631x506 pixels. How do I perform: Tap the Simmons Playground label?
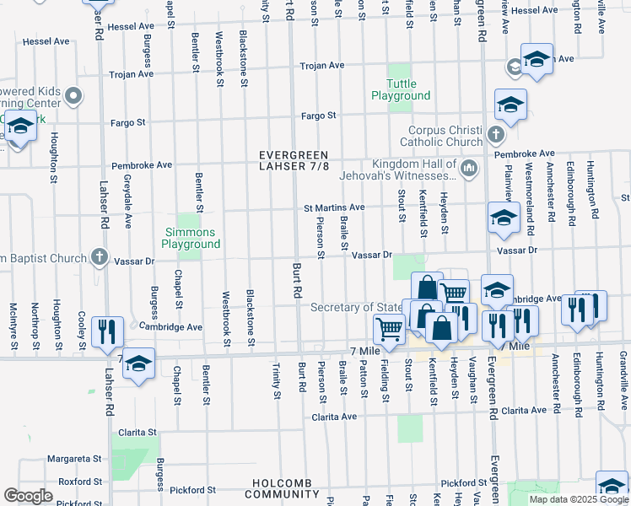[190, 238]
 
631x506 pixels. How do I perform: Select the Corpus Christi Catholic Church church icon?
[496, 133]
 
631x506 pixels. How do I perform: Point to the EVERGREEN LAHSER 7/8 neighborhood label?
[294, 161]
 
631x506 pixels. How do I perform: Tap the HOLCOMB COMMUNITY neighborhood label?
[294, 488]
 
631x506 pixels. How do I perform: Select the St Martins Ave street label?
[334, 207]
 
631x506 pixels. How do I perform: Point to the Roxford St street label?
[74, 482]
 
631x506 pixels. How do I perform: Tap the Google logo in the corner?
[28, 496]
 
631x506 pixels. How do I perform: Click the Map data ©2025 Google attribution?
[578, 499]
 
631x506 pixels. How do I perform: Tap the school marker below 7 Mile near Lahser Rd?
[139, 362]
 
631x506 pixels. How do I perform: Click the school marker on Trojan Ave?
[536, 58]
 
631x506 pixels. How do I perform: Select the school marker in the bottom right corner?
[612, 485]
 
